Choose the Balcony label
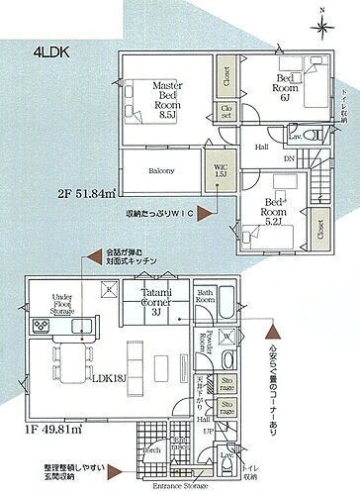(160, 171)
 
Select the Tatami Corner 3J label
(156, 301)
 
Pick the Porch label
(153, 448)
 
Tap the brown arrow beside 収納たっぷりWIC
(203, 210)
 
